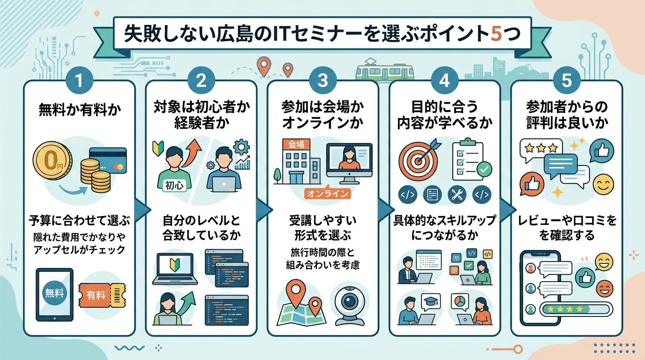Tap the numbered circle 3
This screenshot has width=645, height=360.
coord(322,81)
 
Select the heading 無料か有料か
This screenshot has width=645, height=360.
coord(79,111)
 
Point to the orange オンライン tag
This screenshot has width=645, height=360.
coord(328,193)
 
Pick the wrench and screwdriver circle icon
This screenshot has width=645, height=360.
coord(456,194)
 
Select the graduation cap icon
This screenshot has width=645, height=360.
coord(430,301)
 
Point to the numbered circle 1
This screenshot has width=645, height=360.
coord(79,81)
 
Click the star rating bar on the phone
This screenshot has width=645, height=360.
coord(576,309)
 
